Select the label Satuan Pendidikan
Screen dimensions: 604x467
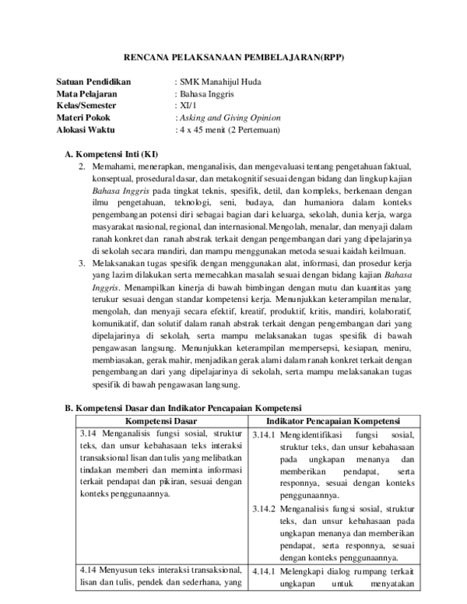[x=93, y=82]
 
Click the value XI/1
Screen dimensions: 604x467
[x=188, y=105]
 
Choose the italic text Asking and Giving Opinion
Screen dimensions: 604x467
[x=230, y=117]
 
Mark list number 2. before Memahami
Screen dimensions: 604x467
[x=83, y=167]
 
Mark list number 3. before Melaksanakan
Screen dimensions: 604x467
[x=83, y=264]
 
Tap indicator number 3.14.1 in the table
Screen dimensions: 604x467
[x=264, y=434]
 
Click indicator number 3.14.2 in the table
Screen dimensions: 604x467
[x=264, y=508]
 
